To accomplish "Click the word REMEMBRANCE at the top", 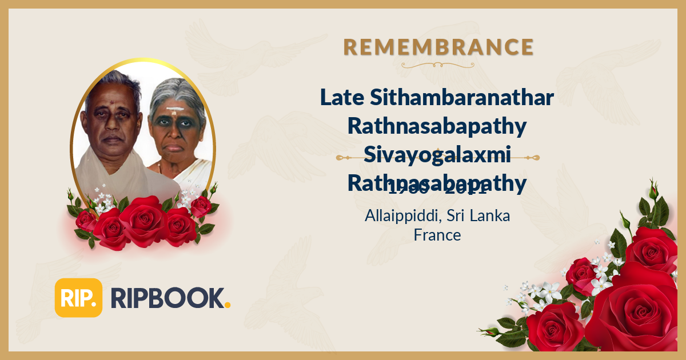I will (x=438, y=47).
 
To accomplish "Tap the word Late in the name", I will (x=341, y=98).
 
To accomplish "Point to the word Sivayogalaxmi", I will (x=437, y=154).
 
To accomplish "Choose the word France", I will (x=437, y=234).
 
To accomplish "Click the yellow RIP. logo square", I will (x=78, y=298).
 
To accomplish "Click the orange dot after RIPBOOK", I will (x=228, y=305).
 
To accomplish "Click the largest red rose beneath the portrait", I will (x=143, y=221).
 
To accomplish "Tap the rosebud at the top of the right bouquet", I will (x=653, y=189).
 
